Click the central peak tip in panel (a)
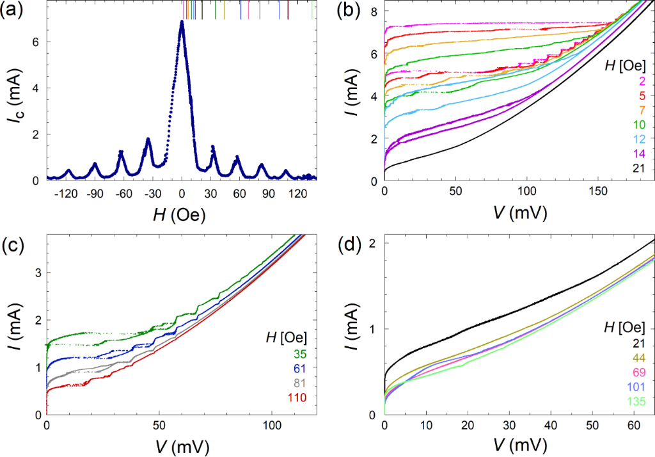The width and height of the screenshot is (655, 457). point(182,22)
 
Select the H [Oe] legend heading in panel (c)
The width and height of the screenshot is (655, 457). point(287,337)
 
